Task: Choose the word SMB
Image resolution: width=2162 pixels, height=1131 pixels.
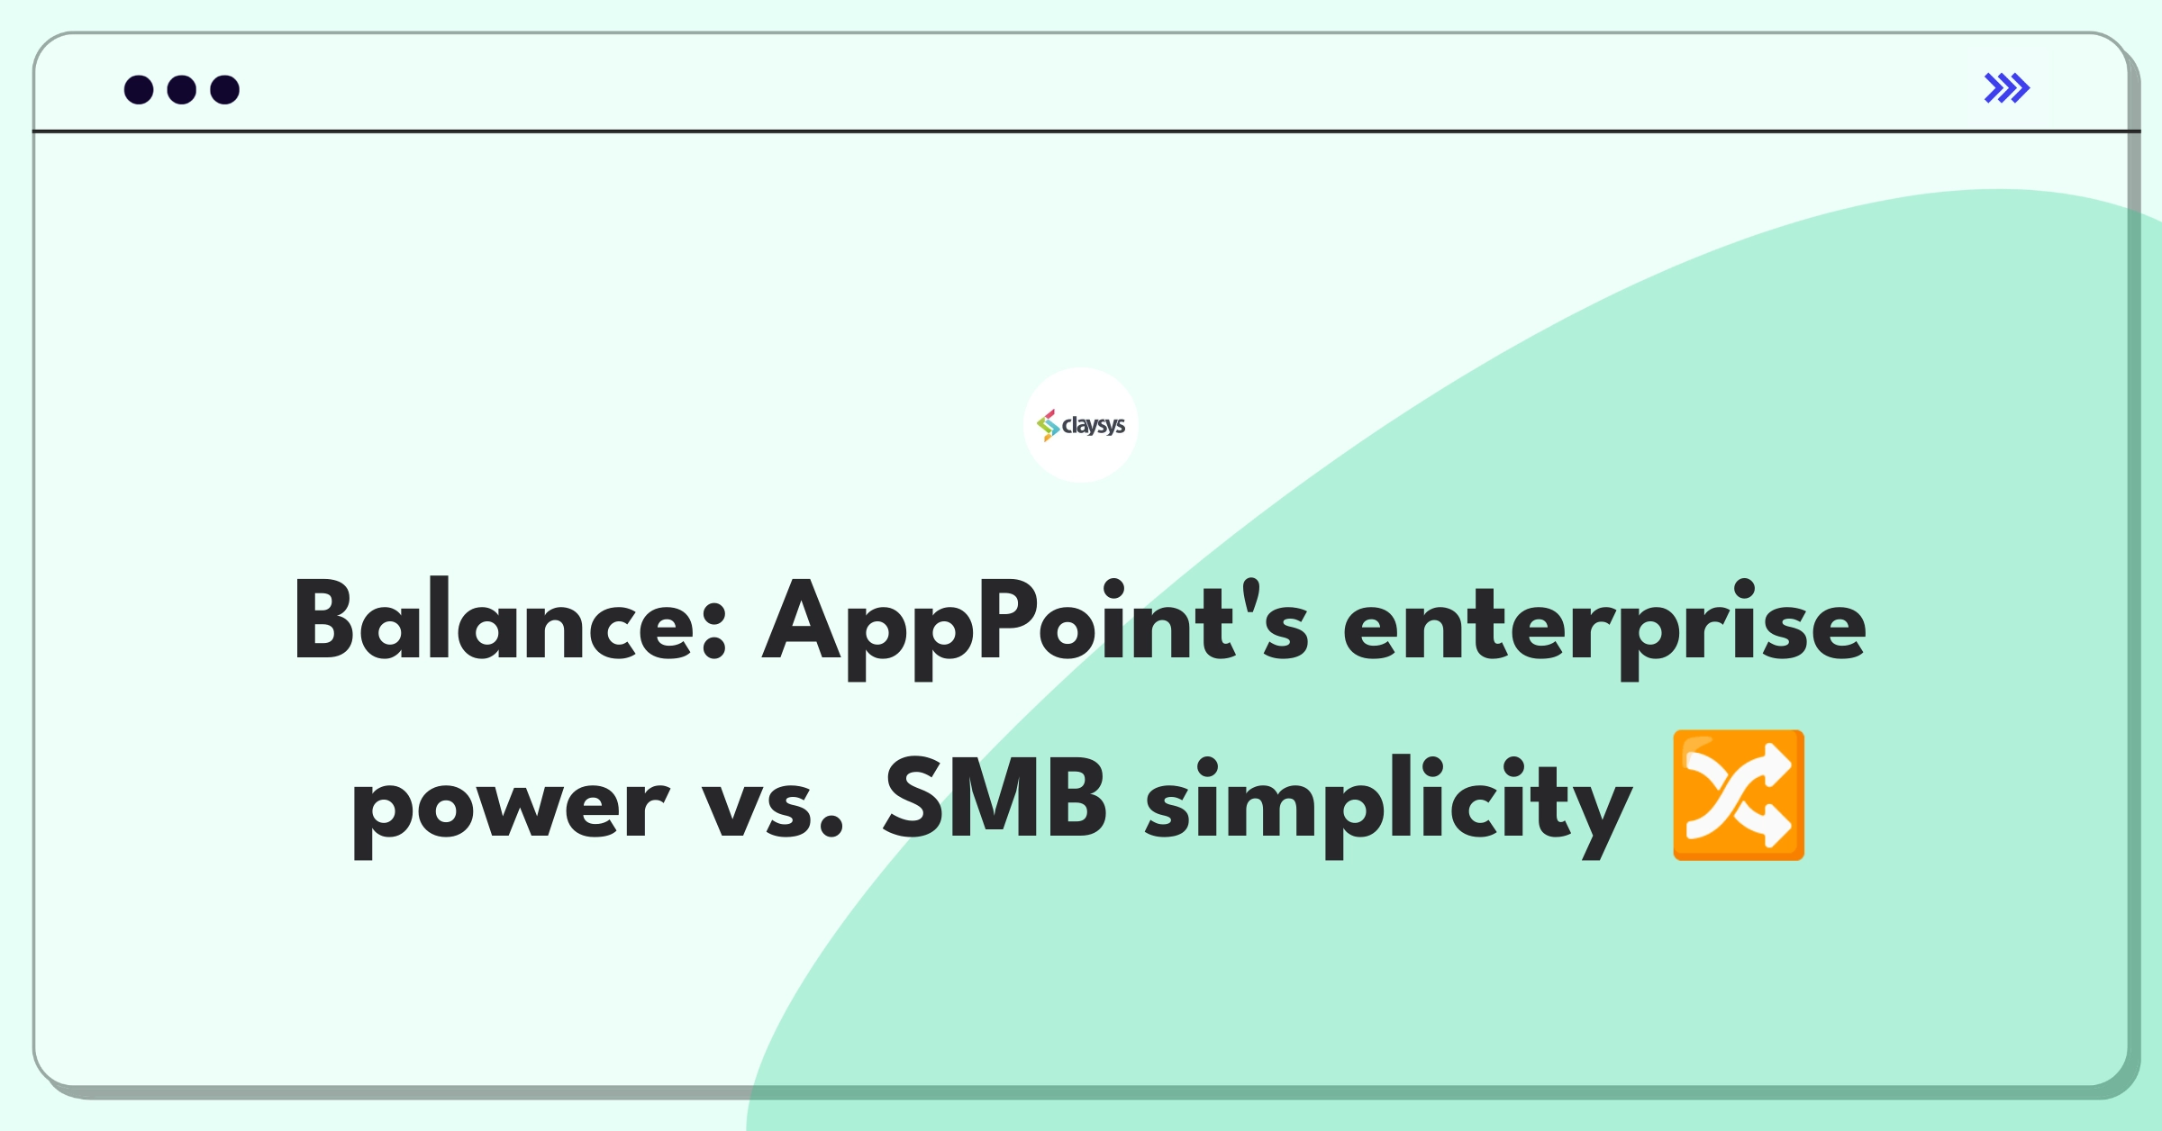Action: coord(995,797)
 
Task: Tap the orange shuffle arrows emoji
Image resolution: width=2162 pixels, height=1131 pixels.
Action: coord(1739,795)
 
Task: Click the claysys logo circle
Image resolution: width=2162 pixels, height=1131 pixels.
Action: coord(1081,425)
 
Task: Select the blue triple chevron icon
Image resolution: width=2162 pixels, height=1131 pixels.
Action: coord(2007,88)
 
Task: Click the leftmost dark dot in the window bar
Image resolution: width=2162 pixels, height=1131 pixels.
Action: coord(139,90)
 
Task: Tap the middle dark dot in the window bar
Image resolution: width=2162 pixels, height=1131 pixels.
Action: coord(182,90)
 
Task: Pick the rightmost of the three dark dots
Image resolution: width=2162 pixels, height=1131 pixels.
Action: coord(225,90)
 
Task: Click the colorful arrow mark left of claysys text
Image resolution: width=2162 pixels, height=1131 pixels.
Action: coord(1048,425)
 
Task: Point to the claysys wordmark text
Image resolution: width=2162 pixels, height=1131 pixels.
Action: coord(1094,426)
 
